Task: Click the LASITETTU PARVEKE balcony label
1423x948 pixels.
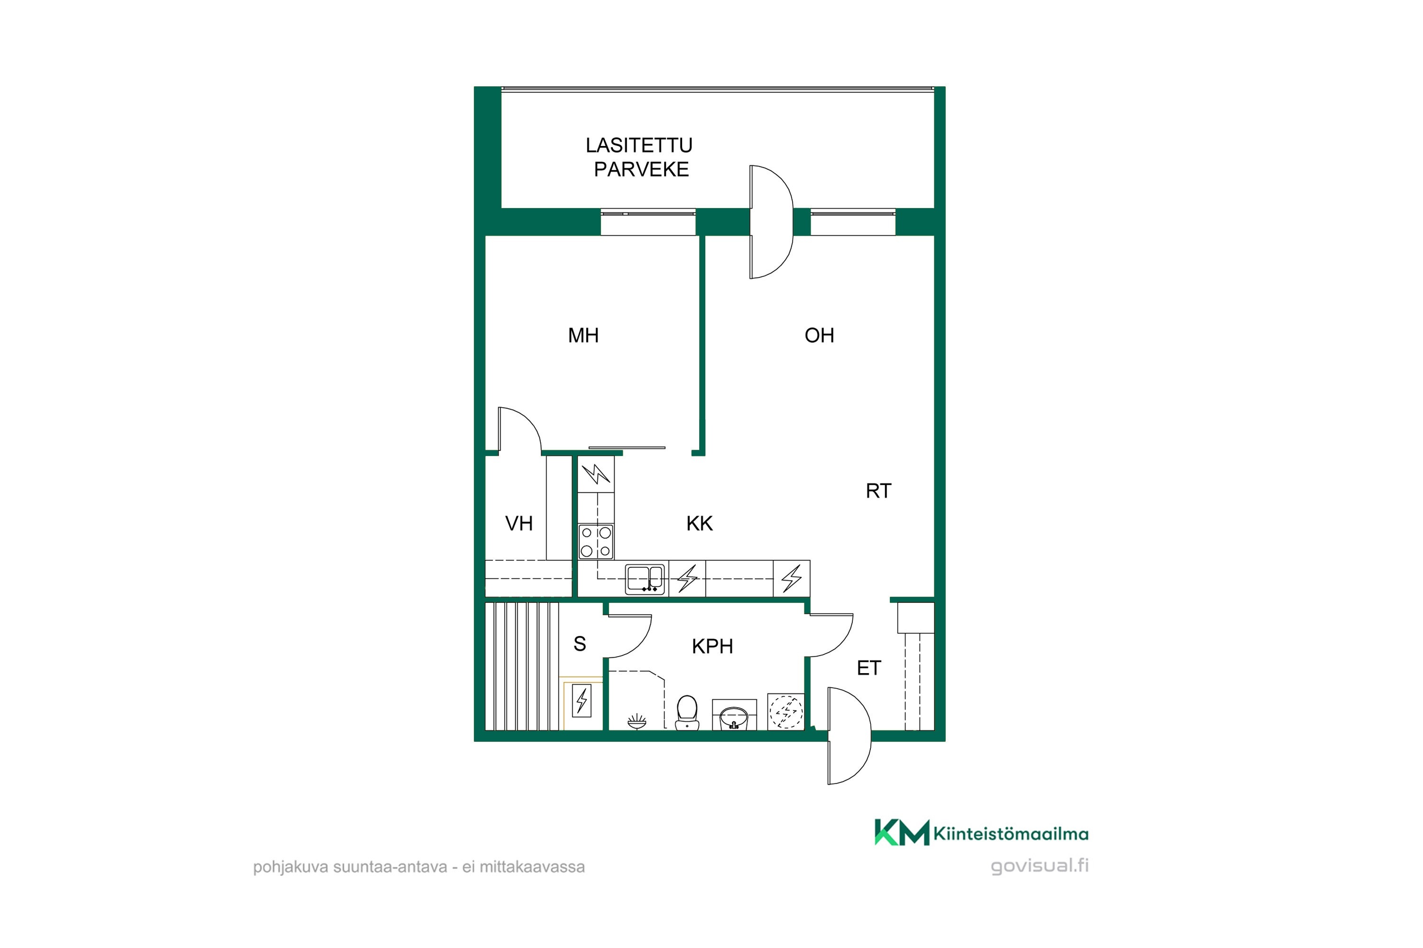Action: pos(639,157)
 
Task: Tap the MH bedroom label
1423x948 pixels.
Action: pos(583,336)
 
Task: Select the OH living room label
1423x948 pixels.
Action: pos(819,336)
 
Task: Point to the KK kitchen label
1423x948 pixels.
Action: pos(699,524)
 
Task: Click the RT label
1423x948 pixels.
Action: pos(878,491)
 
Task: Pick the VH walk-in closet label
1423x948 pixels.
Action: pos(519,524)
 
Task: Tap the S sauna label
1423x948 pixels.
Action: pos(580,645)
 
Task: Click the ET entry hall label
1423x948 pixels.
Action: pos(869,668)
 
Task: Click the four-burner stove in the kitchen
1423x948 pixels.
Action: pos(596,542)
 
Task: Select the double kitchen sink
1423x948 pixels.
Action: pos(645,579)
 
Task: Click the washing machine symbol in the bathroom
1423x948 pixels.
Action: pos(786,711)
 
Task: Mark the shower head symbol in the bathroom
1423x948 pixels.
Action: pos(637,721)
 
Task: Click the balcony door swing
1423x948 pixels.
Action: pos(771,222)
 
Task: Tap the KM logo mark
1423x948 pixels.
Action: pos(902,832)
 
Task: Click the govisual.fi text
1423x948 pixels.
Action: pos(1039,866)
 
